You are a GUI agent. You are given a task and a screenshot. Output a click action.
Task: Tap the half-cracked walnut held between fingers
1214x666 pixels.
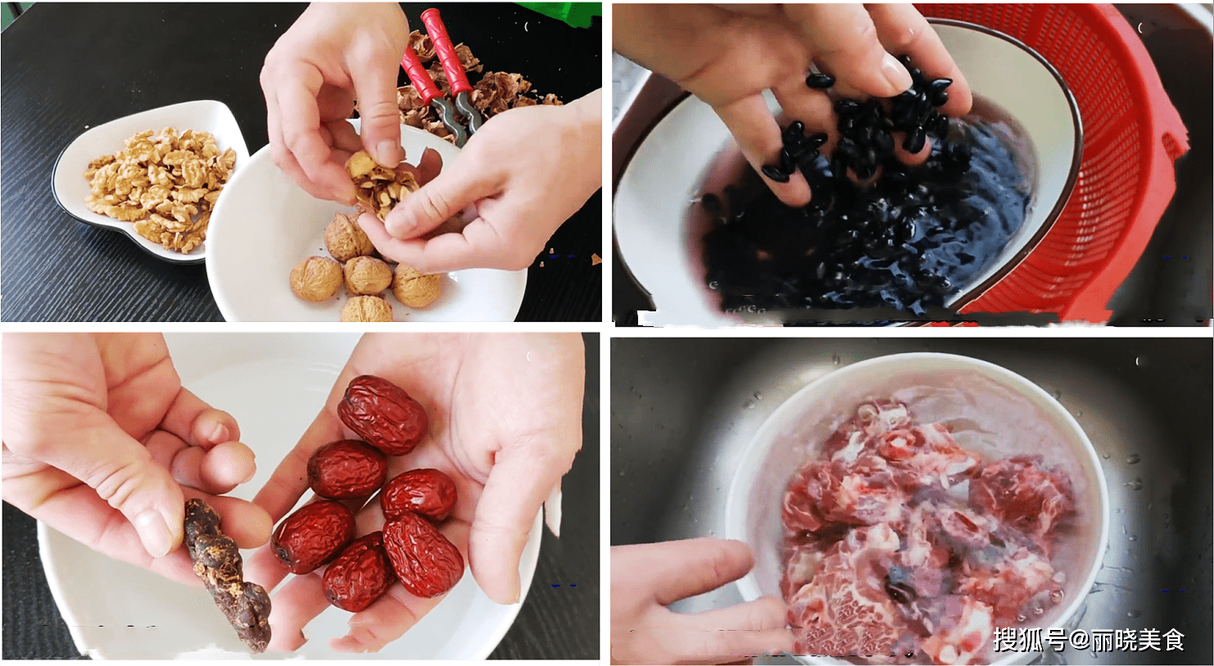tap(382, 184)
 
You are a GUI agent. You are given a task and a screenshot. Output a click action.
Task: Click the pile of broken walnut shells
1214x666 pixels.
tap(477, 87)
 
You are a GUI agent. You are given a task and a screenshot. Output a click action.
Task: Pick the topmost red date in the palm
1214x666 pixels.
tap(383, 415)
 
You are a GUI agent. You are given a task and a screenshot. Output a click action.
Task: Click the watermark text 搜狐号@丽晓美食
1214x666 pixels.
tap(1089, 640)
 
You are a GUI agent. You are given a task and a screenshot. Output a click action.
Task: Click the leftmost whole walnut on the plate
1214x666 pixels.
tap(316, 279)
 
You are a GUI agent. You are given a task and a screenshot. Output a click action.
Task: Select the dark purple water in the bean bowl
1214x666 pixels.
tap(867, 238)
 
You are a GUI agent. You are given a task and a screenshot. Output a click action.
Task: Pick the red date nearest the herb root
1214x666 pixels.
tap(313, 537)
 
